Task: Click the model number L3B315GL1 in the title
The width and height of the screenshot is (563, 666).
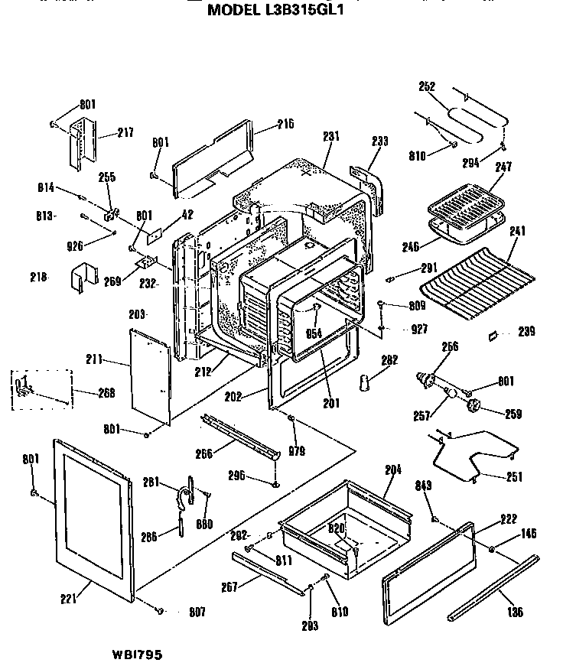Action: point(317,11)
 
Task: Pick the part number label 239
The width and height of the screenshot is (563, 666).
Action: point(526,332)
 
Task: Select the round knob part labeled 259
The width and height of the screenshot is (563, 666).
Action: point(474,406)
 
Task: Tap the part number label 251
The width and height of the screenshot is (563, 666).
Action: point(515,477)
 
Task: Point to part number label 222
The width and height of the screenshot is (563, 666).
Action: point(508,518)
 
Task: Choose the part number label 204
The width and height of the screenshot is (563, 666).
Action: point(392,469)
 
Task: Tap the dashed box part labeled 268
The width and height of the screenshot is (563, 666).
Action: point(42,391)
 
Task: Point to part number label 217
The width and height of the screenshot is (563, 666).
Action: point(125,132)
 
